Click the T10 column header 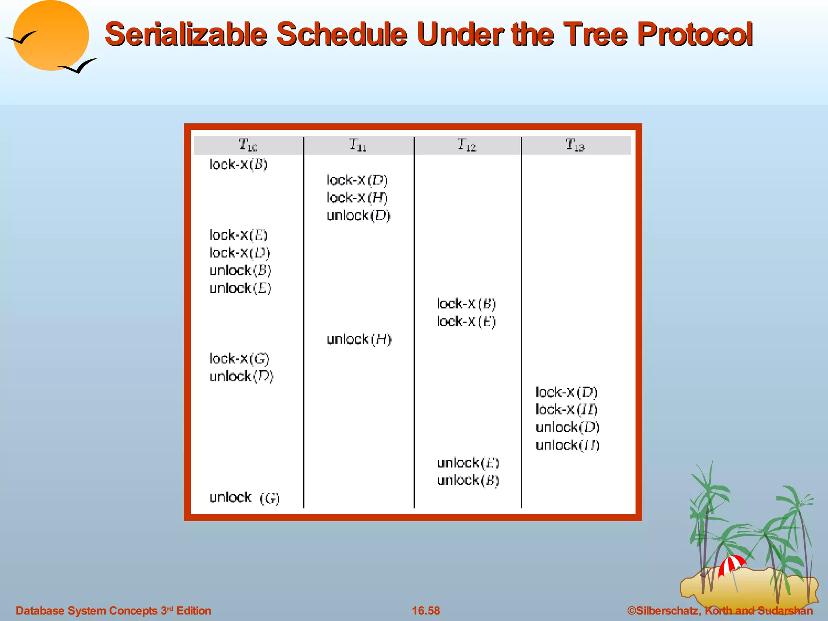click(x=247, y=145)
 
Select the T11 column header click(x=358, y=145)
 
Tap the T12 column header click(x=467, y=145)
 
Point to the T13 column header click(x=575, y=145)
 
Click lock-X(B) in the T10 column click(x=238, y=165)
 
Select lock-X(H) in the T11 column click(x=357, y=198)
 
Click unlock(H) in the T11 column click(x=359, y=339)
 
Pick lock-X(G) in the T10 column click(x=239, y=359)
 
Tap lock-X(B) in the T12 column click(x=466, y=304)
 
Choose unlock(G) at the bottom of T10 click(x=244, y=498)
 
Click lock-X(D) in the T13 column click(x=566, y=392)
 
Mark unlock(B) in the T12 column click(x=468, y=480)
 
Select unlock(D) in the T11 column click(x=358, y=215)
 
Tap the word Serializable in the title click(x=186, y=34)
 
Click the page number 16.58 click(x=426, y=610)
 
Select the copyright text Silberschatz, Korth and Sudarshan click(x=720, y=610)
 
